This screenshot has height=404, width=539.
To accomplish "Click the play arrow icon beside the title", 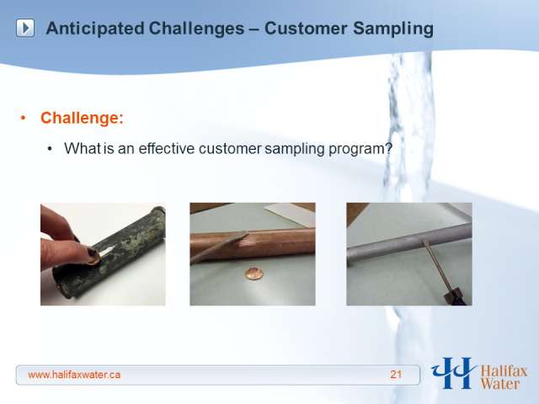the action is click(x=25, y=28).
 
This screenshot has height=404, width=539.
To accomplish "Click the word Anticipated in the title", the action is click(x=95, y=29).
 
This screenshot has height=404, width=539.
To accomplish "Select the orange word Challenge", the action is click(x=82, y=118).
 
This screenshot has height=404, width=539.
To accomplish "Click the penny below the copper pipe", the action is click(x=254, y=274).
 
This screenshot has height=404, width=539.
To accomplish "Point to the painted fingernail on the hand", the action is click(x=92, y=253).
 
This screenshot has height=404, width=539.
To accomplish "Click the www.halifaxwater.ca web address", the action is click(x=74, y=375).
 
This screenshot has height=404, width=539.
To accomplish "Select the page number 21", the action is click(x=396, y=375).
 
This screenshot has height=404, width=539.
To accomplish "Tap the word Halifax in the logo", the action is click(x=504, y=371).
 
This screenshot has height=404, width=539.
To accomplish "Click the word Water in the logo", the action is click(x=500, y=384).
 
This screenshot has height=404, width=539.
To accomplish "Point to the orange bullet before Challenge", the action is click(x=23, y=118).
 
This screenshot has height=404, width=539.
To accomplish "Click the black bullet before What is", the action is click(x=51, y=149).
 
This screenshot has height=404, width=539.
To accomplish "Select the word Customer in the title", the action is click(x=306, y=28).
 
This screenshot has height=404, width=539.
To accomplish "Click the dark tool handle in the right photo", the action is click(x=455, y=296).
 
